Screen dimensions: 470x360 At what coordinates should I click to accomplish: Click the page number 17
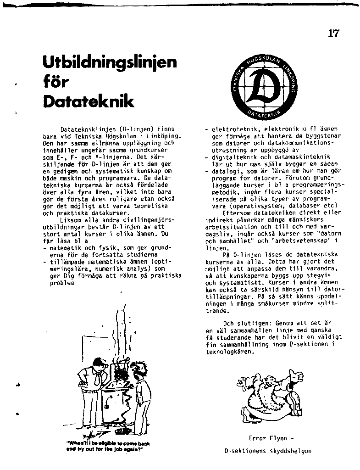tap(334, 34)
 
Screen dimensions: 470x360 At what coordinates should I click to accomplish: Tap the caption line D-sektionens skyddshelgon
tap(268, 451)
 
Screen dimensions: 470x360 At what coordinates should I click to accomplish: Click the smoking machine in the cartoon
tap(121, 395)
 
